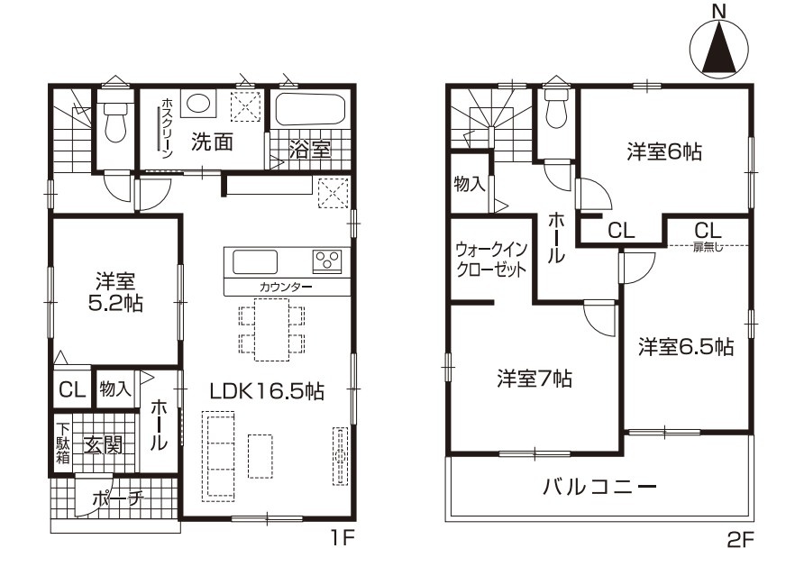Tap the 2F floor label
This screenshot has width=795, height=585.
coord(740,541)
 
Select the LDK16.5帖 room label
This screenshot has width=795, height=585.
coord(267,391)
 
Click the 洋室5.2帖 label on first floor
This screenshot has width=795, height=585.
coord(115,291)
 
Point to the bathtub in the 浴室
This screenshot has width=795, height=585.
coord(310,109)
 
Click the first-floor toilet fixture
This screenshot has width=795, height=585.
coord(115,121)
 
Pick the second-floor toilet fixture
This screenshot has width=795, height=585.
coord(556,107)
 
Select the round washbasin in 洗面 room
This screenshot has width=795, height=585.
coord(197,104)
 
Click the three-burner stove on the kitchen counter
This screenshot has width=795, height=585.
coord(327,261)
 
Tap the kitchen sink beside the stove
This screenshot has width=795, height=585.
coord(255,262)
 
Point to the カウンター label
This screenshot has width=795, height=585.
coord(286,287)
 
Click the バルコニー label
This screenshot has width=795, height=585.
coord(599,487)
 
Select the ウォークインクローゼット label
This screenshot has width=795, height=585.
coord(490,259)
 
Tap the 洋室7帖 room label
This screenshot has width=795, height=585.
coord(534,379)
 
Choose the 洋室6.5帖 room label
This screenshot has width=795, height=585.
coord(685,347)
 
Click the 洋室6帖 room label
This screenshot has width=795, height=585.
coord(664,151)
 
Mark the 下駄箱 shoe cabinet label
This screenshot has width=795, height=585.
coord(63,443)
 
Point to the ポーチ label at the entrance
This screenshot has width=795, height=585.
coord(118,498)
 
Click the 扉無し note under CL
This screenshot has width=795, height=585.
coord(708,248)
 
